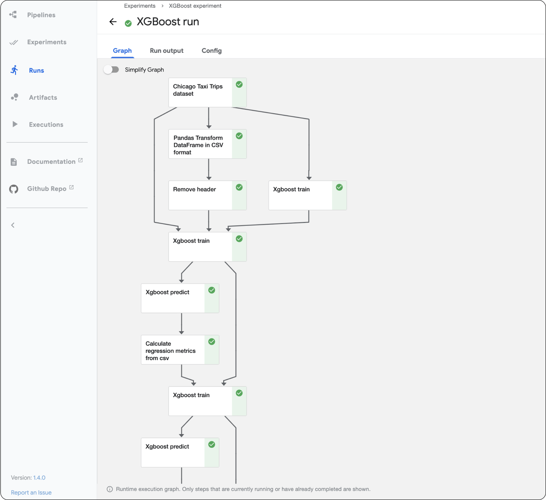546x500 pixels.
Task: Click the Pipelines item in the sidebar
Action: [41, 15]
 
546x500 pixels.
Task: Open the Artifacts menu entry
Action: [43, 98]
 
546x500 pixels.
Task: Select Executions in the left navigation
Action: [46, 125]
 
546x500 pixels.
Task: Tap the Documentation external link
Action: [51, 162]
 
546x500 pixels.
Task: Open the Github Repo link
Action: [47, 189]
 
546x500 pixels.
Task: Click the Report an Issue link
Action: [31, 492]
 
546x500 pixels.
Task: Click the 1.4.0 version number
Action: [39, 477]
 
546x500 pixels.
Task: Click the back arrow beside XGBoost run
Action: [113, 22]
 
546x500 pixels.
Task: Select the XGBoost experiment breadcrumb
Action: [195, 6]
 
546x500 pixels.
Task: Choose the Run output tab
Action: [166, 51]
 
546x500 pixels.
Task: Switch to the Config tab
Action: [211, 51]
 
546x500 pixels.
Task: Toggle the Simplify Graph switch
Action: [111, 70]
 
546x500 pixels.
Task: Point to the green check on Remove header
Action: [239, 187]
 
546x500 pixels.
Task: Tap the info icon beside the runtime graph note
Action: [110, 489]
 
